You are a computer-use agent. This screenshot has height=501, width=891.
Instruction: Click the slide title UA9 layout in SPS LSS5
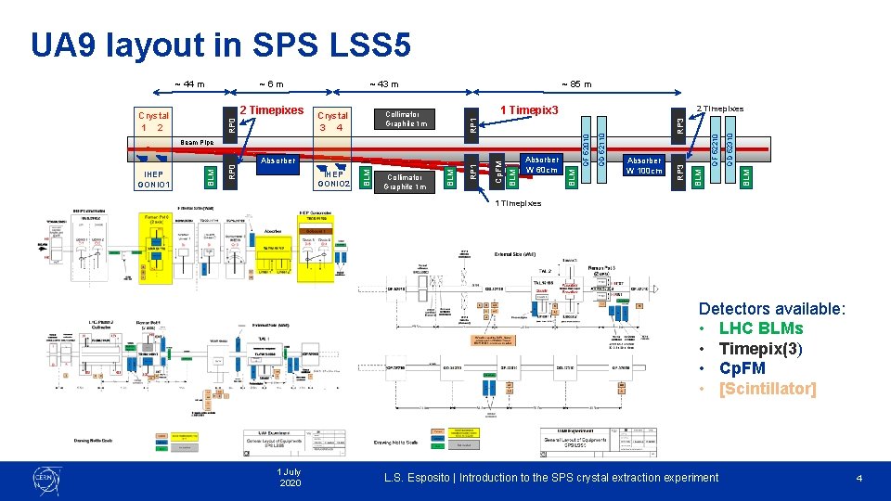220,44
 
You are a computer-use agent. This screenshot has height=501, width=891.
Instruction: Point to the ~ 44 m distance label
190,84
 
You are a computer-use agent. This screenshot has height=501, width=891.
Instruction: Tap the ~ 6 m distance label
271,84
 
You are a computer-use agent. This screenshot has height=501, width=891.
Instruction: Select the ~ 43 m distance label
383,84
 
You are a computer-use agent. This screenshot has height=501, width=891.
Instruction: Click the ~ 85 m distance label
576,84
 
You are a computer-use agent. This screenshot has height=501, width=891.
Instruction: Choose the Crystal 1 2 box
153,121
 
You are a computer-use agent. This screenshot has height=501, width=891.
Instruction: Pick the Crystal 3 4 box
333,121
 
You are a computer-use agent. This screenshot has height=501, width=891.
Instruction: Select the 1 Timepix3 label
530,109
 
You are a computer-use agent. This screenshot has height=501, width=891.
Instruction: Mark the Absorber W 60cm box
542,165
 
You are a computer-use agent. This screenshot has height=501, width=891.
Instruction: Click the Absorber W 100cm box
644,165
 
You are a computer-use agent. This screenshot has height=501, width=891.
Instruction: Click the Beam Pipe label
197,142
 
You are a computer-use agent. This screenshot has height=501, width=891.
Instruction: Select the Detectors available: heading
771,309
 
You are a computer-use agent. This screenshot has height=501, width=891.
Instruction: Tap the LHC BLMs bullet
761,328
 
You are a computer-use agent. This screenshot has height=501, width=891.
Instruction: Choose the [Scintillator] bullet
768,389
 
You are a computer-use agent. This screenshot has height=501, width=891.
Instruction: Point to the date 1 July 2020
290,478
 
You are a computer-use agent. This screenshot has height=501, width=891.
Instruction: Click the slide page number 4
859,478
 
